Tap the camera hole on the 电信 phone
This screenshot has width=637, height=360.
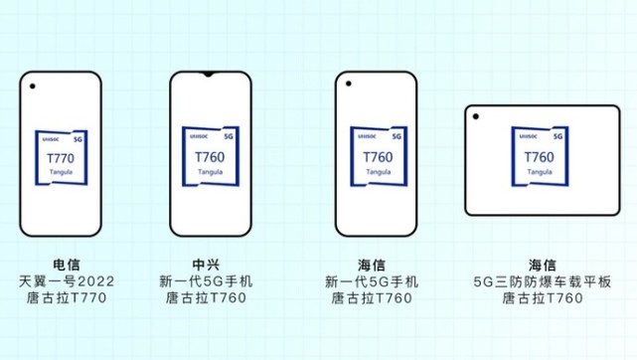coord(33,88)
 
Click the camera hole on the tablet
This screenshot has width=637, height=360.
coord(478,118)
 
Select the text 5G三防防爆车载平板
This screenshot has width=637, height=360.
coord(542,280)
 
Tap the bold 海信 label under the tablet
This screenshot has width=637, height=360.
coord(542,265)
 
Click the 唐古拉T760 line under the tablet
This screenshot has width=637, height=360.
coord(542,297)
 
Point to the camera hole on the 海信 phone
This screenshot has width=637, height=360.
coord(351,88)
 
